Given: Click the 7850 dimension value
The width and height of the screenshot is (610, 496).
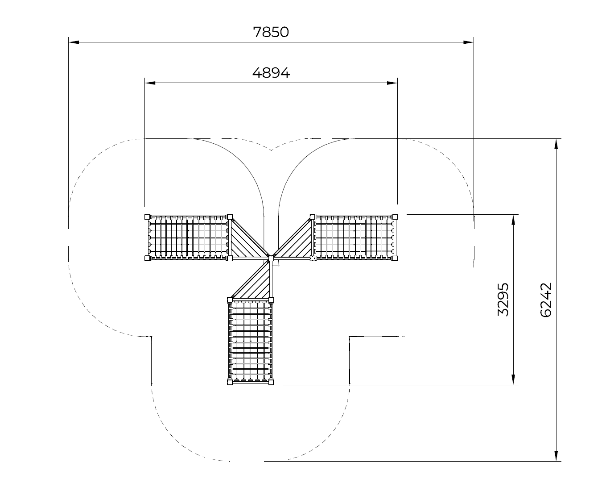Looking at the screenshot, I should pos(271,32).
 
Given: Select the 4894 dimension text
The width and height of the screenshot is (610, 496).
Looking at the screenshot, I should pos(271,73).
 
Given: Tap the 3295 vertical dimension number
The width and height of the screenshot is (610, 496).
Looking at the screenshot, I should pos(503,299).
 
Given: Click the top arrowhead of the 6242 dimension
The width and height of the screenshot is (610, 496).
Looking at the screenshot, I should pos(556,144).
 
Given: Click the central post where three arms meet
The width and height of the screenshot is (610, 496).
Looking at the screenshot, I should pos(271,258).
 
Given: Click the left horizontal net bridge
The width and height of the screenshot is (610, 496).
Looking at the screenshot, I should pos(187,238).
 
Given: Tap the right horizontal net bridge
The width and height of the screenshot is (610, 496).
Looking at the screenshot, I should pos(354,238).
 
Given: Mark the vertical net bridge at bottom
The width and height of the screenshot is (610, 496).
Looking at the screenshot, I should pos(250,342).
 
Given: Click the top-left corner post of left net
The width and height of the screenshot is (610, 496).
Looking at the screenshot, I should pos(148,217).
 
